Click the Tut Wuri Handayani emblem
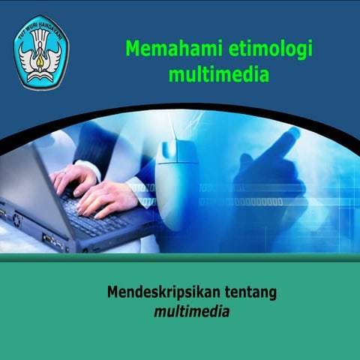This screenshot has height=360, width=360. click(x=40, y=52)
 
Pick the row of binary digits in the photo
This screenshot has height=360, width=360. click(x=247, y=202)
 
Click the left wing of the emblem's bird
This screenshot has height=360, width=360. click(x=28, y=55)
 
